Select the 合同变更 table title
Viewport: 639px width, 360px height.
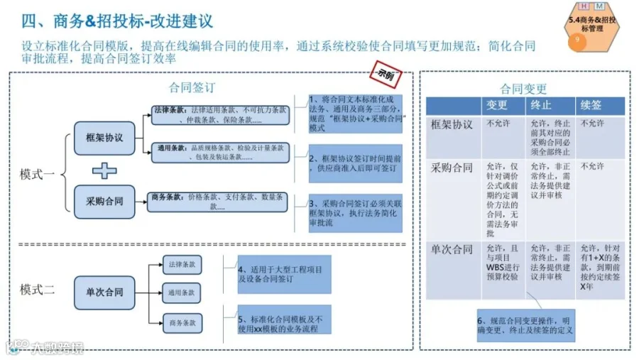coord(523,89)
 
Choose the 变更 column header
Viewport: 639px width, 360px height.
coord(496,105)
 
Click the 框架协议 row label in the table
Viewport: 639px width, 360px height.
coord(452,124)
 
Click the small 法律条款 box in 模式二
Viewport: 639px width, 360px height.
coord(182,264)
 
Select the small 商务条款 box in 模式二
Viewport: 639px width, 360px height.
coord(182,323)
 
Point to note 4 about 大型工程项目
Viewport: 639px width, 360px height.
coord(284,274)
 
